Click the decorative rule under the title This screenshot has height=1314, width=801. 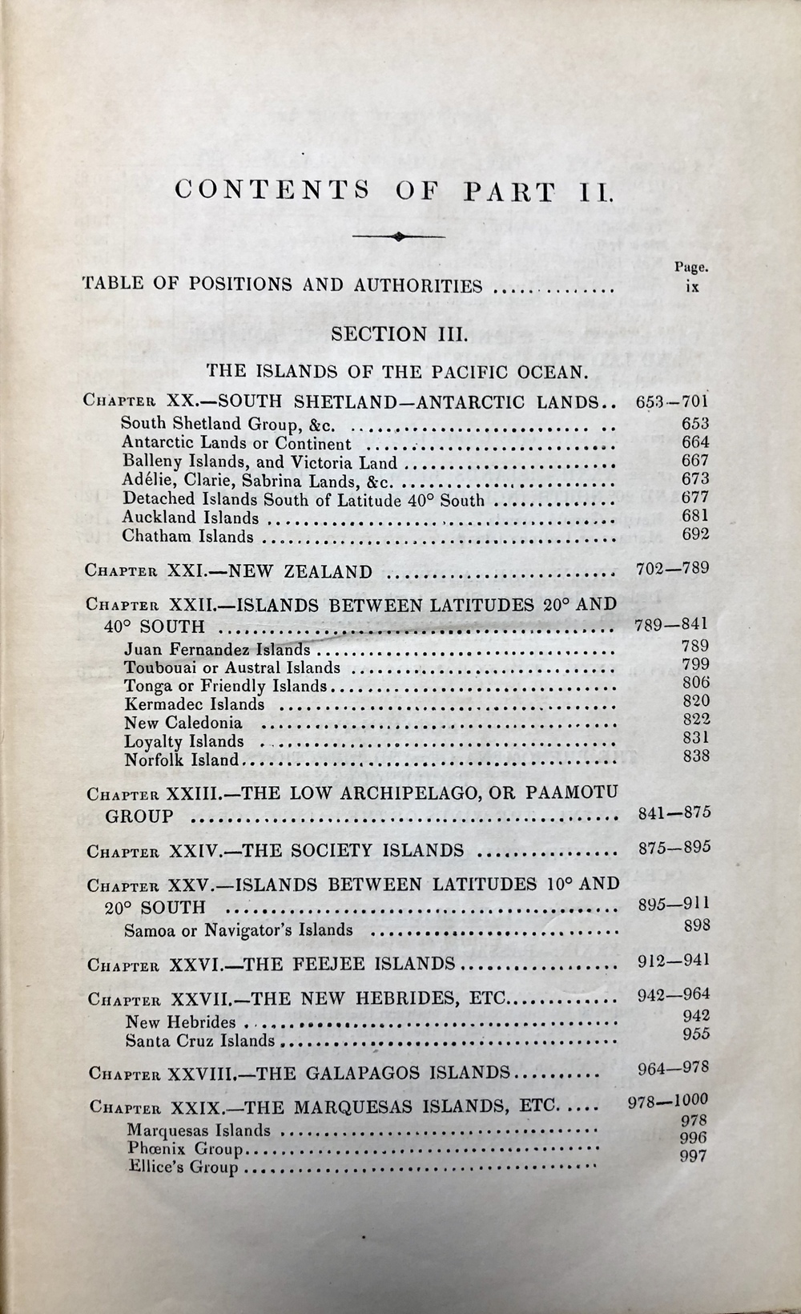(x=399, y=236)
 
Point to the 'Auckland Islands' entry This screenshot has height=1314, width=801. (x=191, y=518)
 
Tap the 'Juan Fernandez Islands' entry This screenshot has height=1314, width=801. (x=217, y=650)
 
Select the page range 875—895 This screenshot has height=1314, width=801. (x=674, y=848)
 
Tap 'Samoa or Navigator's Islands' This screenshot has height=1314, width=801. (x=239, y=930)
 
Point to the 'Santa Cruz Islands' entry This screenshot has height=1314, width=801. (x=200, y=1042)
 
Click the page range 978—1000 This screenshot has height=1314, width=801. (x=668, y=1101)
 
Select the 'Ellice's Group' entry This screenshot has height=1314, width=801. (x=183, y=1167)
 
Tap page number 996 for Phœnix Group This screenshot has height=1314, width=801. (x=693, y=1138)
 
